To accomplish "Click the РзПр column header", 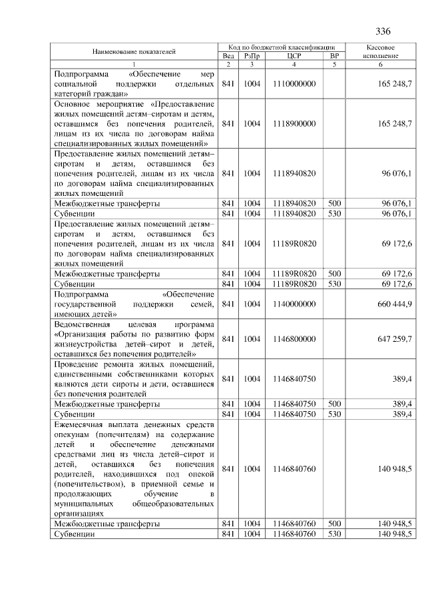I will click(x=251, y=57).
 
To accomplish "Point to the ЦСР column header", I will click(x=294, y=57).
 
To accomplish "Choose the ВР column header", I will click(x=334, y=57).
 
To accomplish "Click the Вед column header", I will click(x=228, y=57).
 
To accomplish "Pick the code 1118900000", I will click(x=294, y=123).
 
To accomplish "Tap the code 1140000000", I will click(x=294, y=304).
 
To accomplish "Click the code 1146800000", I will click(x=294, y=338).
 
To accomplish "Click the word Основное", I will click(x=74, y=104).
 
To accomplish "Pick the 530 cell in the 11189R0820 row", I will click(x=334, y=284).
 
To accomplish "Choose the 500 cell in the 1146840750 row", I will click(x=334, y=403).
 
